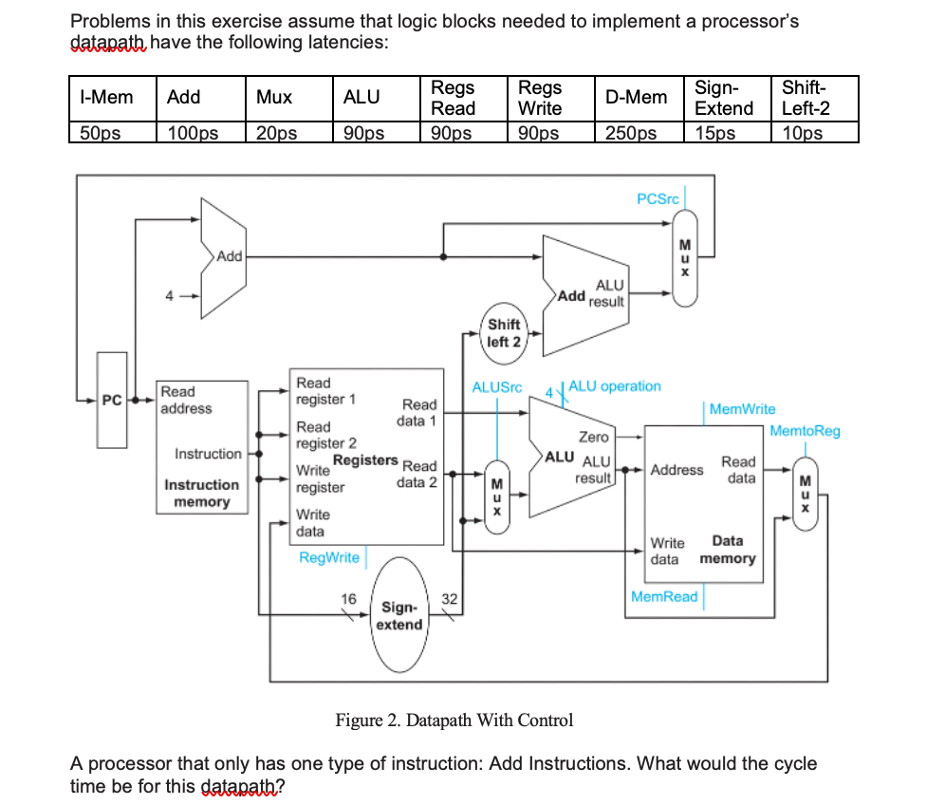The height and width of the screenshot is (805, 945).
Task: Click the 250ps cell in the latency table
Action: pyautogui.click(x=631, y=133)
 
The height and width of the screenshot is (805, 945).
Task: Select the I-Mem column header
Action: pyautogui.click(x=105, y=97)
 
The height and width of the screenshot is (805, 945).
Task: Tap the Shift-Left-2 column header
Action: pyautogui.click(x=805, y=98)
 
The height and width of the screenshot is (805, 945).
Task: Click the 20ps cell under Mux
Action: pyautogui.click(x=276, y=133)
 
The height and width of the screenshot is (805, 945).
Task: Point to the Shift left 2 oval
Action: pyautogui.click(x=504, y=333)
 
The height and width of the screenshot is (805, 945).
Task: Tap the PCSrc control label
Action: pyautogui.click(x=658, y=198)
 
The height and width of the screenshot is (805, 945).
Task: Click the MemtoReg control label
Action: pyautogui.click(x=805, y=431)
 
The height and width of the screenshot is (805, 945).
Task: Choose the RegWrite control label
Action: pyautogui.click(x=329, y=557)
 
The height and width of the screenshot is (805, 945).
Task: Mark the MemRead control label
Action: pyautogui.click(x=664, y=596)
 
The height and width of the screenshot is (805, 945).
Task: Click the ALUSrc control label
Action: pyautogui.click(x=497, y=386)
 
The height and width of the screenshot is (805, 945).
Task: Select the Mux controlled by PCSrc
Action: pyautogui.click(x=684, y=258)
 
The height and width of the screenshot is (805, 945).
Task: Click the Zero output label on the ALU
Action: pyautogui.click(x=594, y=437)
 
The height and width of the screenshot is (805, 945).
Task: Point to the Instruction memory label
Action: pyautogui.click(x=201, y=493)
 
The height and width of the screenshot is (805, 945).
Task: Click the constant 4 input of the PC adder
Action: pyautogui.click(x=170, y=294)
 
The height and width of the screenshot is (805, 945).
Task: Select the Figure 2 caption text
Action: pyautogui.click(x=454, y=720)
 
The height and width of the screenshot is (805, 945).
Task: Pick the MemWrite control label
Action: pyautogui.click(x=742, y=409)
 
